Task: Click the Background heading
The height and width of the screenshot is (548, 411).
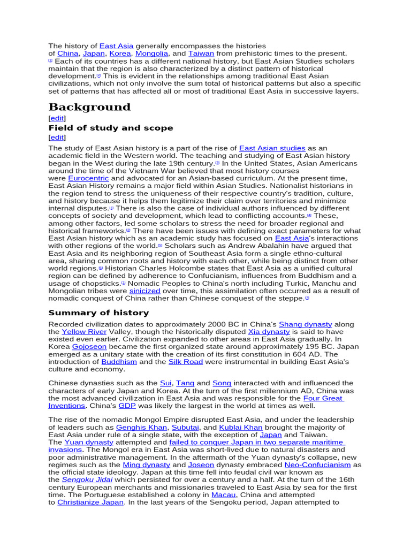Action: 89,107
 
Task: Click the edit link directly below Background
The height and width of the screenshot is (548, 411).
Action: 57,118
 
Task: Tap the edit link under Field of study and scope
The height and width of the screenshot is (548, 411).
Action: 57,138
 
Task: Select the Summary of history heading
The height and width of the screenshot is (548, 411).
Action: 98,313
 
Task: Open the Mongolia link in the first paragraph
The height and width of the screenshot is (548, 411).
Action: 151,54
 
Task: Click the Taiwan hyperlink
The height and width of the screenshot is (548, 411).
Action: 201,54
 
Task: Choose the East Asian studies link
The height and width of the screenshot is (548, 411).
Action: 272,148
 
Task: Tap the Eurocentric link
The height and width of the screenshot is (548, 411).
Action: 88,178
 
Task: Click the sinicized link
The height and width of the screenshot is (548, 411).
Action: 144,291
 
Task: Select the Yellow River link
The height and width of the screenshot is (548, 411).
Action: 84,332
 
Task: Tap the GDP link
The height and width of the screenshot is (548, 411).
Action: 127,406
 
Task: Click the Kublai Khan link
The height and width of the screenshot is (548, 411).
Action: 241,428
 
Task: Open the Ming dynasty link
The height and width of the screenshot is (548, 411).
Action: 147,465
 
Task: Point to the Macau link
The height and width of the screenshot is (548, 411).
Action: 223,495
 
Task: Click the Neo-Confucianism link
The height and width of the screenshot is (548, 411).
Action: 318,465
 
